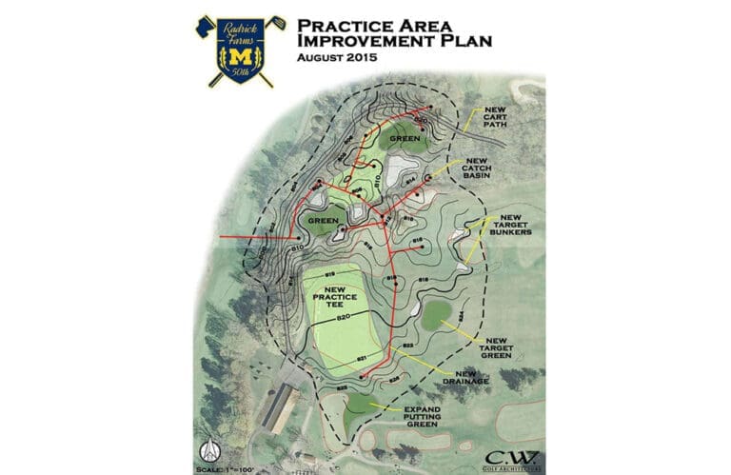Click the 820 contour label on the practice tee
coord(346,316)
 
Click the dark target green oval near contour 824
coord(436,315)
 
